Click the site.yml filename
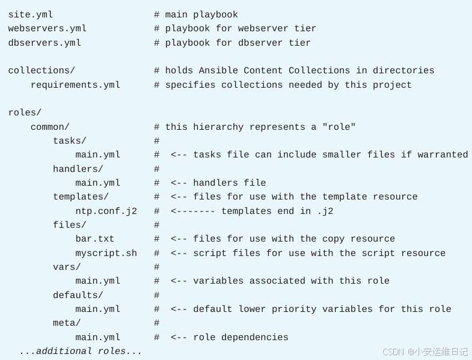[x=31, y=15]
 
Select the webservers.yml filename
[x=48, y=29]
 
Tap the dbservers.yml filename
[x=44, y=43]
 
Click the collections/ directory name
[x=41, y=71]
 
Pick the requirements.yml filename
[x=76, y=85]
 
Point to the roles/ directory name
[x=25, y=113]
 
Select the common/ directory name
[x=50, y=127]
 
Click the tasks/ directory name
[x=70, y=141]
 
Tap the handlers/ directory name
[x=78, y=169]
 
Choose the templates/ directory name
[x=81, y=197]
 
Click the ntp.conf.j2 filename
[x=106, y=212]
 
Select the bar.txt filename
[x=94, y=239]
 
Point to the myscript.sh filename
[x=106, y=254]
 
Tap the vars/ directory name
[x=67, y=267]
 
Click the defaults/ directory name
[x=78, y=296]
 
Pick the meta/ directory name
[x=67, y=323]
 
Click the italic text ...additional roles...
[x=81, y=352]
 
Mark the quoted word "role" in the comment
[x=339, y=127]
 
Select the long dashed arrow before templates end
[x=193, y=212]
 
